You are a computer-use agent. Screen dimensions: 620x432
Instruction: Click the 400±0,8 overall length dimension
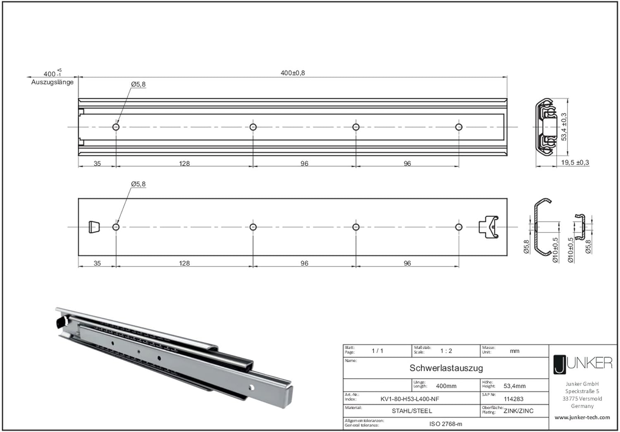click(293, 73)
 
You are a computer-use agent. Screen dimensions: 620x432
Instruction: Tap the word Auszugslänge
click(52, 82)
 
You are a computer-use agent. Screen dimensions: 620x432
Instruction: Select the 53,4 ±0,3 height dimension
click(564, 127)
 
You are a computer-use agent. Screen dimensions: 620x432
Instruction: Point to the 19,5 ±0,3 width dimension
click(575, 162)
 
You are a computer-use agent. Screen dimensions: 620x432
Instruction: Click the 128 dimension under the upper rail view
click(184, 164)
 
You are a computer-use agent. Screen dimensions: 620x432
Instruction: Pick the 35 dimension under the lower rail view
click(97, 263)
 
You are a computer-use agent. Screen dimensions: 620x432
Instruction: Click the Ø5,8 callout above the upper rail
click(138, 84)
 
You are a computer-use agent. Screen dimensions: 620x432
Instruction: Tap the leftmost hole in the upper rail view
click(116, 127)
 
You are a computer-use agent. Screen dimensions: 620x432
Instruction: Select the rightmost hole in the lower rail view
click(459, 227)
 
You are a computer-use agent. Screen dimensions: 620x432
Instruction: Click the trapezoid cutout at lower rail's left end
click(94, 227)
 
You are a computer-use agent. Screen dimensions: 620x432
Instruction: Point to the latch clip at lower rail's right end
click(489, 227)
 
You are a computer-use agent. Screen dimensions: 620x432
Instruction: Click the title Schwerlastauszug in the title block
click(446, 368)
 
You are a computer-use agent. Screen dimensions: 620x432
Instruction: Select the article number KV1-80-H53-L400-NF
click(410, 399)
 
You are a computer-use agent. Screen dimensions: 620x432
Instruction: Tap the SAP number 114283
click(513, 399)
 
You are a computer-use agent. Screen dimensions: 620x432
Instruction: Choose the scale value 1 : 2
click(446, 351)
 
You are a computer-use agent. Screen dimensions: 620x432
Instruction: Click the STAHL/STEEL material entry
click(412, 411)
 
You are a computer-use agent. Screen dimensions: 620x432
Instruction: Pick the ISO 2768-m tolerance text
click(446, 424)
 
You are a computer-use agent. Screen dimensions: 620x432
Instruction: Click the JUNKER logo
click(583, 365)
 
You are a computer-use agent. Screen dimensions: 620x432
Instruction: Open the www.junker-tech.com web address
click(582, 418)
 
